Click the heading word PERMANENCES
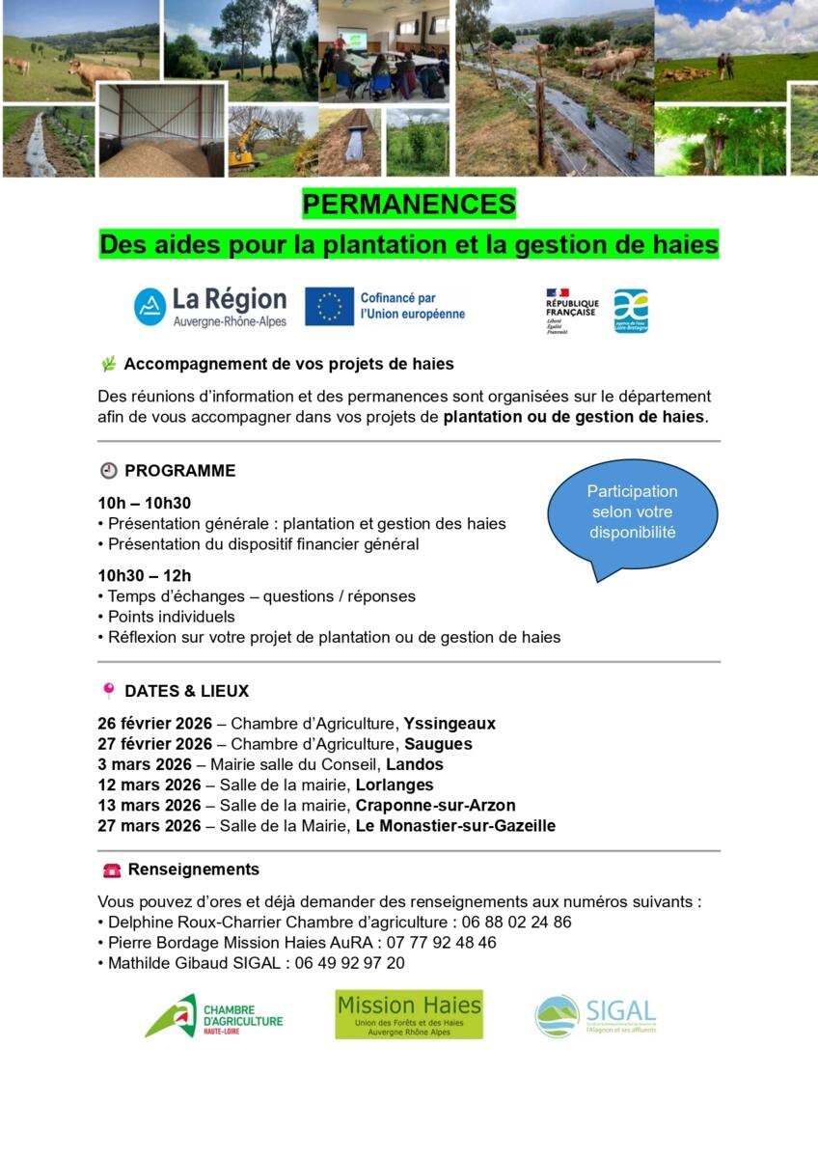click(x=409, y=205)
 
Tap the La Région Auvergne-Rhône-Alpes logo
click(x=210, y=306)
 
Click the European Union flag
click(x=329, y=306)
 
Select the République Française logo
click(x=571, y=310)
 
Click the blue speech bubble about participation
click(x=633, y=512)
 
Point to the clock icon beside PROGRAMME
click(x=109, y=471)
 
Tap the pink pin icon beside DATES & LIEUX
click(x=109, y=691)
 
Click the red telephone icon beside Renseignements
click(x=112, y=869)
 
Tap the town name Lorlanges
click(x=395, y=785)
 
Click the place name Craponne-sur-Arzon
click(x=435, y=805)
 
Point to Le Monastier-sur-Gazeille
click(x=455, y=825)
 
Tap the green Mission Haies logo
click(x=409, y=1014)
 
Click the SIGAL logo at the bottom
click(x=595, y=1016)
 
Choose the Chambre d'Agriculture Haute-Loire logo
click(x=214, y=1016)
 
